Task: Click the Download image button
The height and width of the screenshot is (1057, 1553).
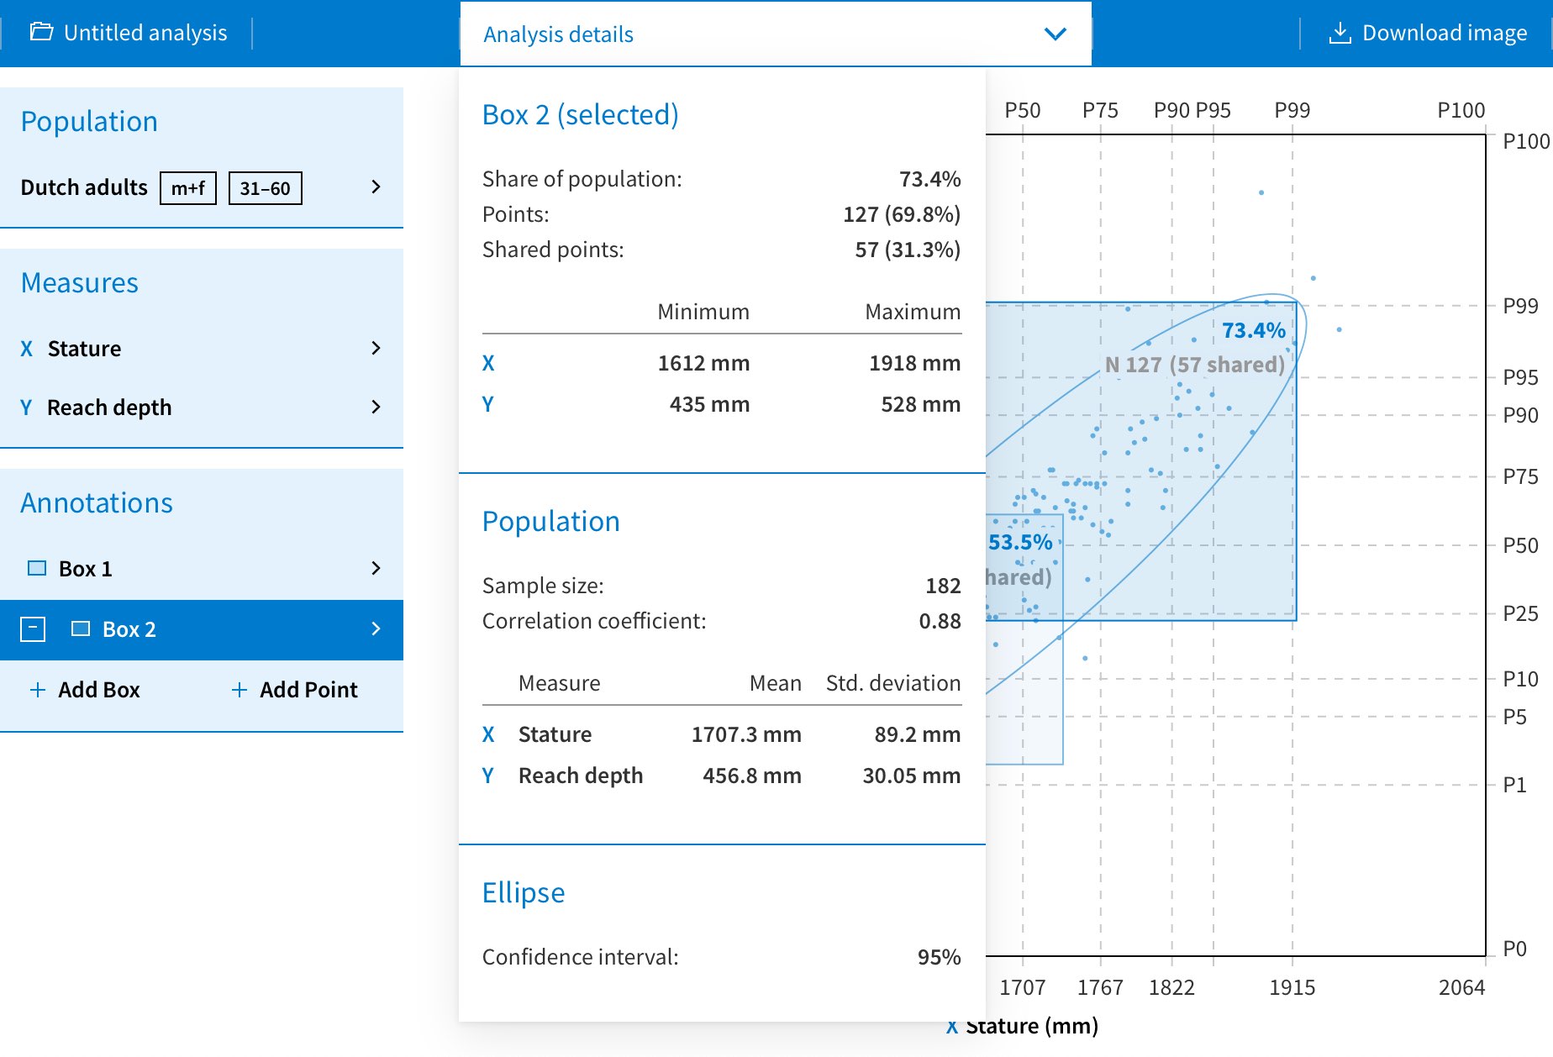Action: coord(1428,34)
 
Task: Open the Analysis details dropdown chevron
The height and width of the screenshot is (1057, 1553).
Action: coord(1055,34)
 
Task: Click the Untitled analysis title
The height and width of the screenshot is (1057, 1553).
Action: coord(145,34)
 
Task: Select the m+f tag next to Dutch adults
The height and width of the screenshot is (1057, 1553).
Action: coord(188,188)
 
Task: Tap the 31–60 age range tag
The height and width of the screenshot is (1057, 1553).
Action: coord(265,188)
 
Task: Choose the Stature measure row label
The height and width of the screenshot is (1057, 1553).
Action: coord(84,349)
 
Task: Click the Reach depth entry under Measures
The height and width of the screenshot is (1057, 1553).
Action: coord(109,408)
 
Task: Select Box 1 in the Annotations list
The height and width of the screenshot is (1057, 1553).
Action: coord(85,569)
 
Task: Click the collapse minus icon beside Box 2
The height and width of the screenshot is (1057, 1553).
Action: coord(33,629)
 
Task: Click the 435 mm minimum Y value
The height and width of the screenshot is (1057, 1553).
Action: coord(709,404)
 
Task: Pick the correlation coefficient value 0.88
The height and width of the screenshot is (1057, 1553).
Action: coord(940,621)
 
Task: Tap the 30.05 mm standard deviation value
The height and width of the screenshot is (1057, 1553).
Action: coord(911,776)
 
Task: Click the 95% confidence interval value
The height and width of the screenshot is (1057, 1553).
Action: coord(939,957)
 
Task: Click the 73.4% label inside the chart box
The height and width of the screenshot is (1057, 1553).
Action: coord(1253,330)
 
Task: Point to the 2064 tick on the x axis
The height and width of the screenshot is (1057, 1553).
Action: coord(1461,987)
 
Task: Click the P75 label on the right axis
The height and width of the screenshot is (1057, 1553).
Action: coord(1520,476)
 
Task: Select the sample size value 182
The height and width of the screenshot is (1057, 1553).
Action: coord(943,586)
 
